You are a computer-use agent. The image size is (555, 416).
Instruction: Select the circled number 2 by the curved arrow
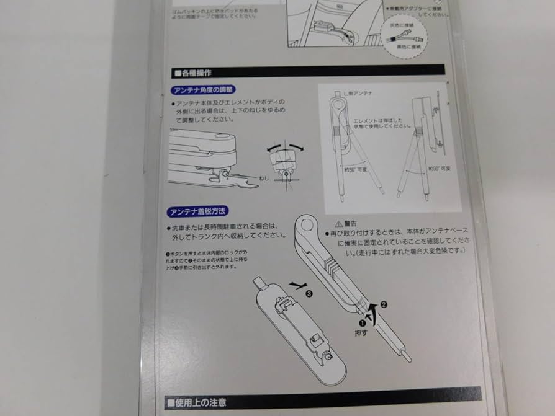[x=384, y=304]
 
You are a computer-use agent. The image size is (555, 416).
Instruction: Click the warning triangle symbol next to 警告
[x=338, y=223]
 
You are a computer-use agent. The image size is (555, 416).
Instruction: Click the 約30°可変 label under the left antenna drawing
[x=358, y=166]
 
